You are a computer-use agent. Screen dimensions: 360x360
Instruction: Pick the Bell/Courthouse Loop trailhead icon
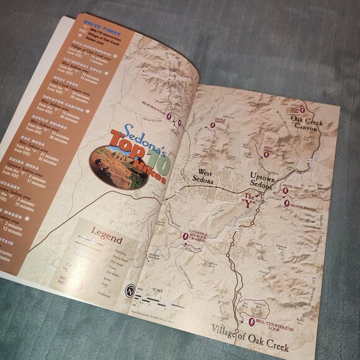point(252,322)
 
